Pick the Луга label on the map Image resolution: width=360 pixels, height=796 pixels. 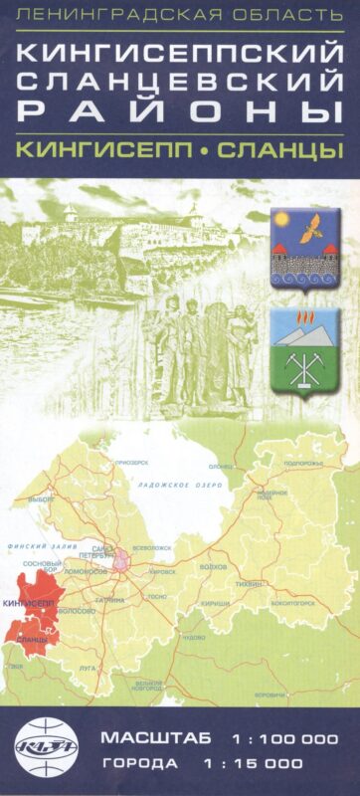(x=89, y=668)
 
